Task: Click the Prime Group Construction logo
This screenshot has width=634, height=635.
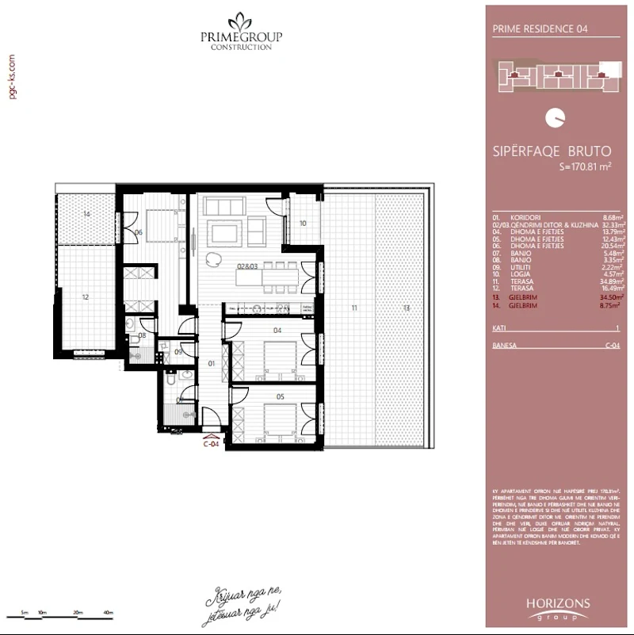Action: tap(240, 31)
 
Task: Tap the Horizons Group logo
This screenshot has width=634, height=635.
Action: tap(558, 609)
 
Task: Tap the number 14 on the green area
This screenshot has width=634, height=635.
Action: tap(86, 215)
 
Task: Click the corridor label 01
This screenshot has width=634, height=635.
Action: tap(211, 364)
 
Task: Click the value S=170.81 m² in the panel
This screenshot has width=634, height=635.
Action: tap(585, 166)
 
